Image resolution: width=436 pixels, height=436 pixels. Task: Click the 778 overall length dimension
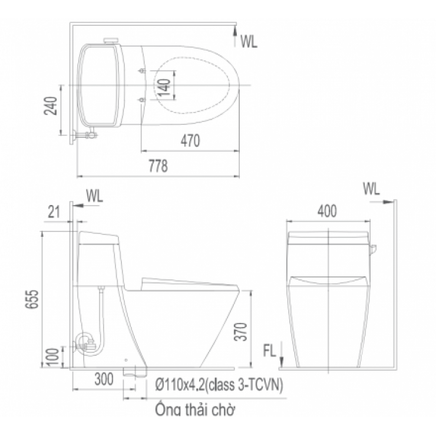tap(158, 167)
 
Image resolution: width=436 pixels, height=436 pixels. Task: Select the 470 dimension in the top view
tap(190, 141)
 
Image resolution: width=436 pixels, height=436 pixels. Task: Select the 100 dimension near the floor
tap(52, 356)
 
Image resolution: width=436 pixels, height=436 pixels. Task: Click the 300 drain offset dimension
tap(103, 381)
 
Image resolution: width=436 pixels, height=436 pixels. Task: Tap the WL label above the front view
tap(371, 189)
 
